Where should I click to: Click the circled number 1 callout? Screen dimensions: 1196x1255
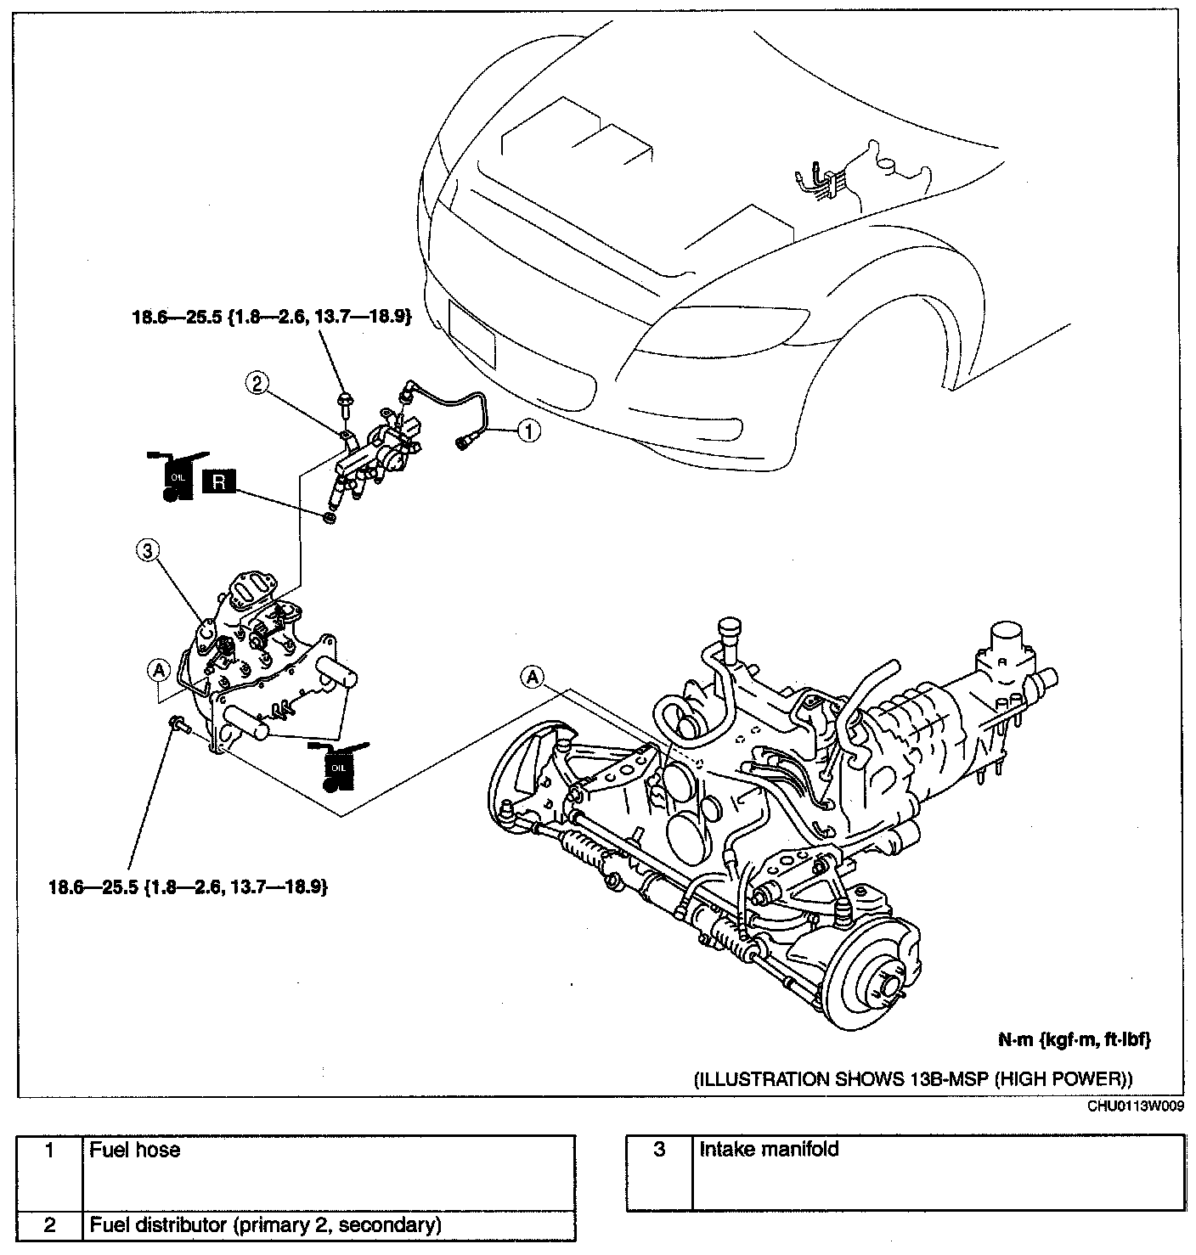point(528,431)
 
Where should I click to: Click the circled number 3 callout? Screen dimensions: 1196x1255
point(148,550)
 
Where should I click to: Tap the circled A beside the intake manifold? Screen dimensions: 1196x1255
point(158,671)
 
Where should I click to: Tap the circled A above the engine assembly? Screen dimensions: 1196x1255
point(533,677)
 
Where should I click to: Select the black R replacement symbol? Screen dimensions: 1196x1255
point(218,482)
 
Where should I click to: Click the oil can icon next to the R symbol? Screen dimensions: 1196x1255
point(177,476)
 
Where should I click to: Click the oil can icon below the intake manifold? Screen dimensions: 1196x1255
point(338,767)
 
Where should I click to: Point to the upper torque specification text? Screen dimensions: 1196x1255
point(271,317)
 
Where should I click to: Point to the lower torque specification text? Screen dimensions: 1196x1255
point(189,886)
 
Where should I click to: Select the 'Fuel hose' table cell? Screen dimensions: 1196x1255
point(329,1173)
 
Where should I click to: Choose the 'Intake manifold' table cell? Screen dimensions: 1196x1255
point(939,1172)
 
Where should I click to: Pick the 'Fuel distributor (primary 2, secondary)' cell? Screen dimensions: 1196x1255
point(329,1225)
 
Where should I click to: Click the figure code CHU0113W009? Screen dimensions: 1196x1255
point(1136,1106)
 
